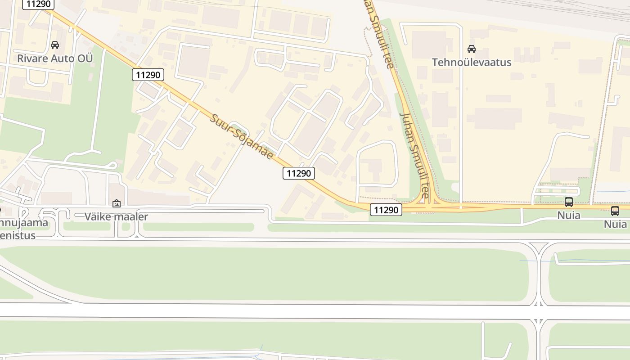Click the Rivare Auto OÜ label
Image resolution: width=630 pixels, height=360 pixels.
(55, 58)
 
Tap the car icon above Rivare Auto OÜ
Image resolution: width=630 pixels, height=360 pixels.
(55, 45)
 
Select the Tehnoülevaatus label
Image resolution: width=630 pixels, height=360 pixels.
(472, 62)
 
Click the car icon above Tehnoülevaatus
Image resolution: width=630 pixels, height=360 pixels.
(472, 49)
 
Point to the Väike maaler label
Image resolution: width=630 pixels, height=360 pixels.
(116, 216)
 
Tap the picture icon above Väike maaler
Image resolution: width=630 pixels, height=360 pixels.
(117, 203)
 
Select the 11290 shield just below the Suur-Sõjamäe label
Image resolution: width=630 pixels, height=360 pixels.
(299, 173)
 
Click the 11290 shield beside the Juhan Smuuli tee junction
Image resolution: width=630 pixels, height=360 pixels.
(386, 209)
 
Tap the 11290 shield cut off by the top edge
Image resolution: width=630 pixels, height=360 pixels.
(39, 4)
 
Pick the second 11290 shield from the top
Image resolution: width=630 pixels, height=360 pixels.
(148, 75)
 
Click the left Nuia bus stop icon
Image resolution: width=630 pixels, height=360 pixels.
(569, 202)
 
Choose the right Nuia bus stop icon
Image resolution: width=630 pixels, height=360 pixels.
(615, 211)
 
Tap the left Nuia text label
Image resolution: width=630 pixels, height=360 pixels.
(569, 215)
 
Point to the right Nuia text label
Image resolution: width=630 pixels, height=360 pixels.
(615, 224)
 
